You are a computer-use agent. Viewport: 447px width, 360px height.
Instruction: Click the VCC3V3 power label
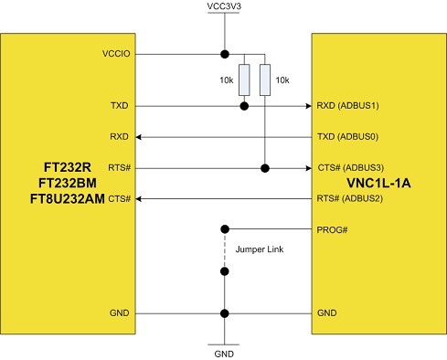[x=224, y=8]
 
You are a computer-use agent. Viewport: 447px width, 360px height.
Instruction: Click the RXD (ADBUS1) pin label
[x=347, y=106]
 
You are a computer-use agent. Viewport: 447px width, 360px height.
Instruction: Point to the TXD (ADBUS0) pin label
[x=347, y=137]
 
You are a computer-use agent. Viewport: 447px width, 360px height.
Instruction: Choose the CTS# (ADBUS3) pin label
[x=347, y=168]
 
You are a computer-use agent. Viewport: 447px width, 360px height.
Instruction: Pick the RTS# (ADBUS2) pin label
[x=347, y=198]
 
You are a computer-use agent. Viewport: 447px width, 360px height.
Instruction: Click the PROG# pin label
[x=332, y=229]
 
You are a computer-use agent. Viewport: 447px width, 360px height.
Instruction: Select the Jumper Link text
[x=258, y=249]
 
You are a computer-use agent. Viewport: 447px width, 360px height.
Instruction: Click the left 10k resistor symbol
[x=244, y=80]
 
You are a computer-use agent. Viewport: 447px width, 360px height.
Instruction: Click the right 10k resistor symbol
[x=265, y=80]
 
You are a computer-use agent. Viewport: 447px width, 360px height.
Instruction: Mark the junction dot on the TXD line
[x=244, y=106]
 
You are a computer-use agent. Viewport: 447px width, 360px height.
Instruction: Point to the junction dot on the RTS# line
[x=265, y=168]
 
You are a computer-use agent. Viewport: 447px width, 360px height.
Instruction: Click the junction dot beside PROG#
[x=224, y=229]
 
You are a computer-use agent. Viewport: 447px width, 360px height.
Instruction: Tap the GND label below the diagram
[x=224, y=352]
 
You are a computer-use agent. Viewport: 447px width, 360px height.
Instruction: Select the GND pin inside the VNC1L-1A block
[x=326, y=313]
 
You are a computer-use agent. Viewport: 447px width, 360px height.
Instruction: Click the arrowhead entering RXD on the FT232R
[x=140, y=137]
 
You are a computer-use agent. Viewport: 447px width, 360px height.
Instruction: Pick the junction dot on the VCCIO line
[x=224, y=54]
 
